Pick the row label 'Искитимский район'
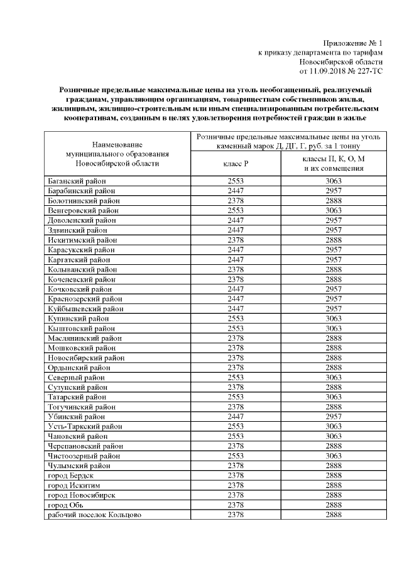click(x=82, y=239)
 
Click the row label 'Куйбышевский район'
click(x=85, y=308)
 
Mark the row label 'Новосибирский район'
click(x=87, y=357)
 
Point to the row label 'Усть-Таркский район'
click(x=86, y=426)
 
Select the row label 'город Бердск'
click(x=70, y=475)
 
